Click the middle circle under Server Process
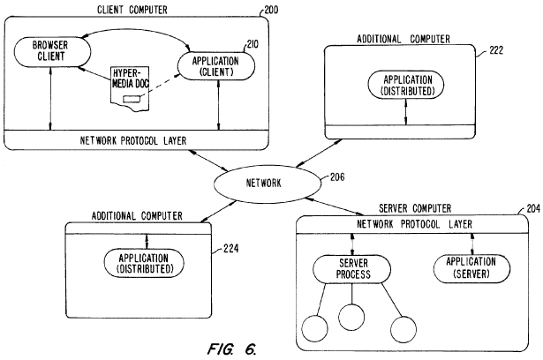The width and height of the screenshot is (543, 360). coord(351,315)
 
